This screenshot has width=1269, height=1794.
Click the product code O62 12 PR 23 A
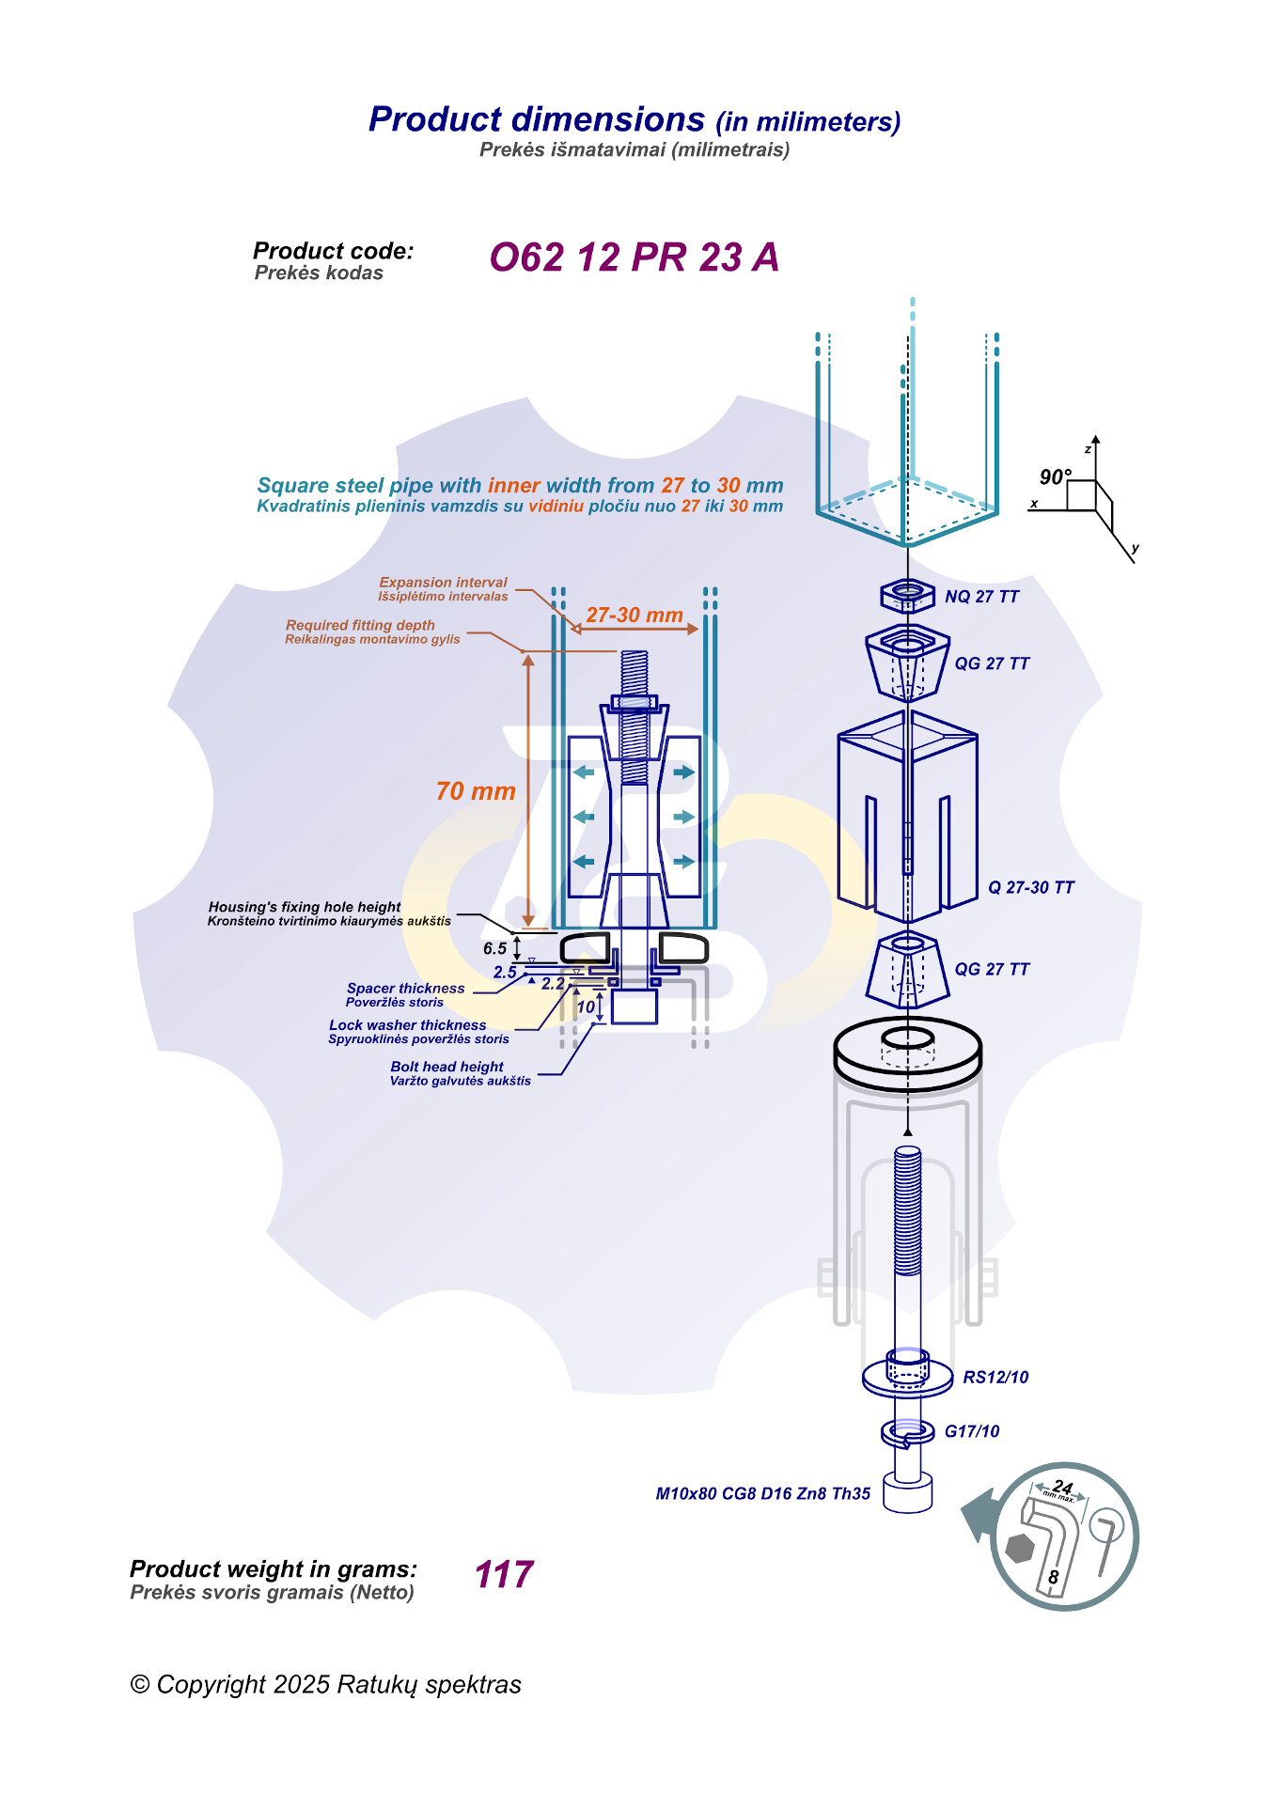click(x=634, y=257)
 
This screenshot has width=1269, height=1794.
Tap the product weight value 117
click(x=504, y=1574)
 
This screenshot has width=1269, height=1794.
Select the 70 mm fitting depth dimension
click(x=476, y=791)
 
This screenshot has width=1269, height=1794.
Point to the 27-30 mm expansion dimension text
click(x=634, y=616)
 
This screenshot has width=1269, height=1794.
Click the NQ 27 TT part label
click(x=981, y=597)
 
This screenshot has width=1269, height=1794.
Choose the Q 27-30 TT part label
click(x=1030, y=887)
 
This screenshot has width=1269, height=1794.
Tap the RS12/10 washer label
click(x=995, y=1377)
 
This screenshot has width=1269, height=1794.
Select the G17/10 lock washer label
click(x=972, y=1431)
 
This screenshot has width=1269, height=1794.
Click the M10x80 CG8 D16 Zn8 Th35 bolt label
click(x=762, y=1493)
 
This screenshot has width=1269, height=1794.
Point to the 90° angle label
click(x=1055, y=477)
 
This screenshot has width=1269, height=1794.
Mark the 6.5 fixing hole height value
click(x=495, y=948)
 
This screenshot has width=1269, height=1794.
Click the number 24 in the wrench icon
click(x=1062, y=1487)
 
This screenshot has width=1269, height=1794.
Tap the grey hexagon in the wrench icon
click(x=1019, y=1548)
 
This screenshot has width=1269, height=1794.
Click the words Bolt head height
click(x=446, y=1067)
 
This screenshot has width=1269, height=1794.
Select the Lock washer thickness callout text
click(x=407, y=1025)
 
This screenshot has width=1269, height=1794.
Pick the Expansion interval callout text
click(x=443, y=583)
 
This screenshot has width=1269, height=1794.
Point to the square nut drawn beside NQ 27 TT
click(x=907, y=594)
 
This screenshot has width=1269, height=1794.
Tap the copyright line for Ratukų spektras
click(x=325, y=1684)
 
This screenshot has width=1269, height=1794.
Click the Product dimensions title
click(x=537, y=119)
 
